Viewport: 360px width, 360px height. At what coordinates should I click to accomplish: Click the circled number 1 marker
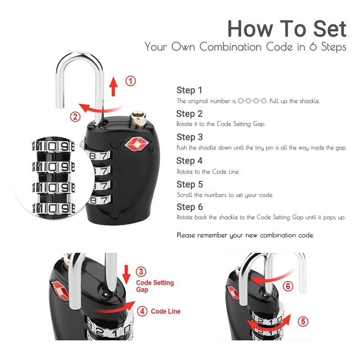130,81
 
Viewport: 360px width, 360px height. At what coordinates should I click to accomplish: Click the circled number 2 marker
76,117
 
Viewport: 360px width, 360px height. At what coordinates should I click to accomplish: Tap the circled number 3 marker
141,271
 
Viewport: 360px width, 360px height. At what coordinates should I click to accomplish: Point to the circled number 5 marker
303,321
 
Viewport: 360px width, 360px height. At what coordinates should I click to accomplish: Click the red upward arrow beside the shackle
113,85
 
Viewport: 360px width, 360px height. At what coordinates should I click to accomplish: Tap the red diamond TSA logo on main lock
136,144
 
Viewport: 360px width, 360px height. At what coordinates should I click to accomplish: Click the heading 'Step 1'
189,90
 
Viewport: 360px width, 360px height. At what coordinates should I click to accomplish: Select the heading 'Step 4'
189,161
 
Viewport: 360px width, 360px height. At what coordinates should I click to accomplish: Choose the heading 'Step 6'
189,207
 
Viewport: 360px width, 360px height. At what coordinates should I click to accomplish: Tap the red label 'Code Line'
166,311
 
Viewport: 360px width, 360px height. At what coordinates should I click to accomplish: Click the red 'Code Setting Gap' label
154,286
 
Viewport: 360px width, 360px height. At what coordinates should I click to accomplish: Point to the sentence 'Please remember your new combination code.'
245,235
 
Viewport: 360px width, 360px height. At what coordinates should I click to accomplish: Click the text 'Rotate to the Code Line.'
207,171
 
